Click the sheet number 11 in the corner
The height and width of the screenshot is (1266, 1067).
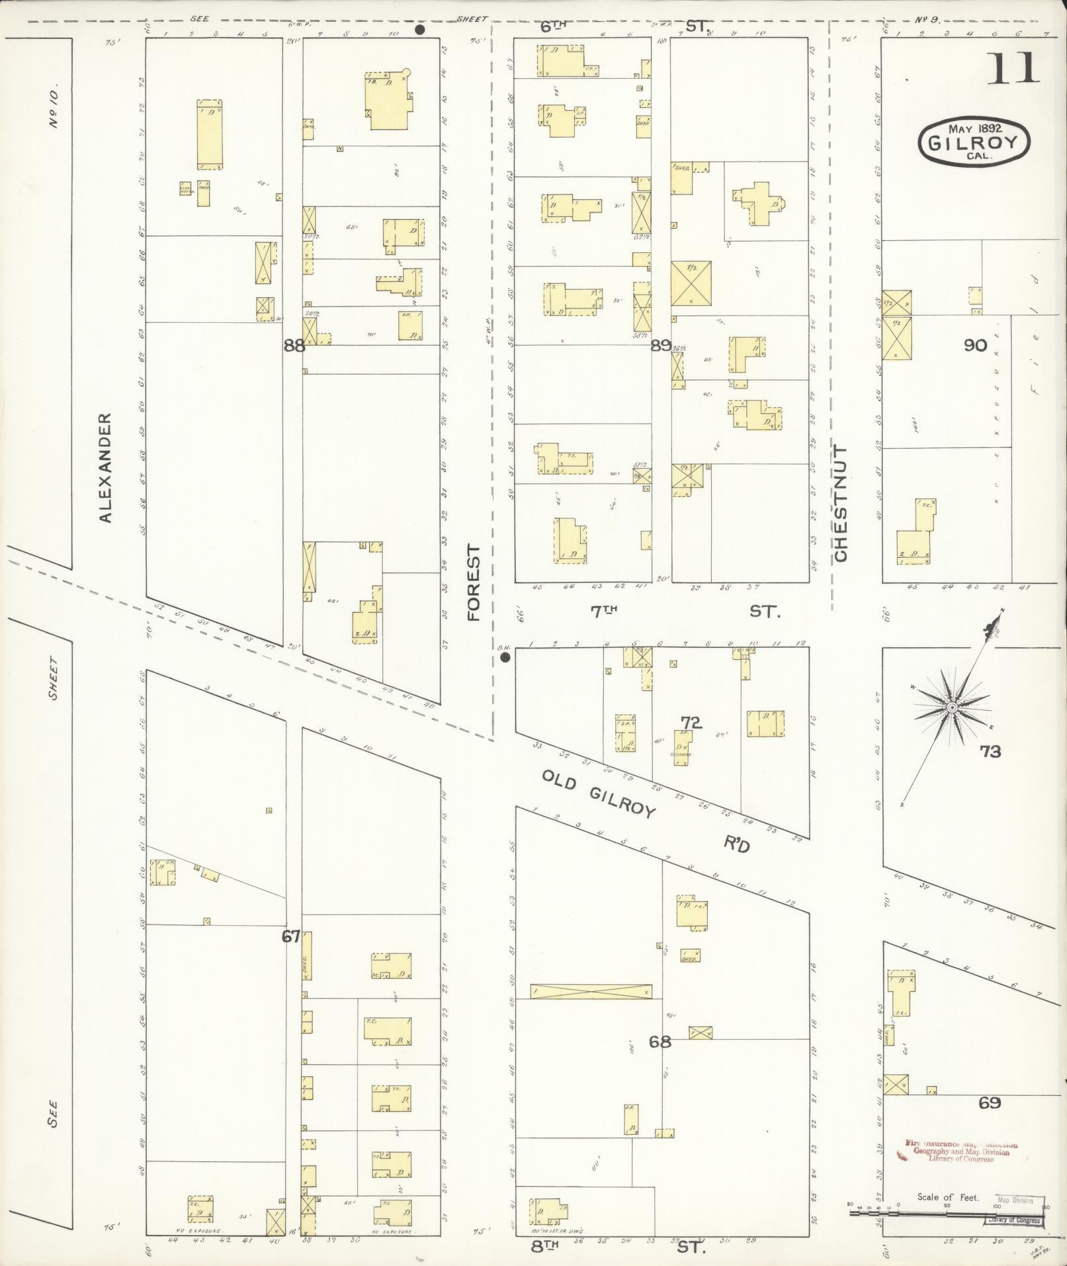tap(1014, 68)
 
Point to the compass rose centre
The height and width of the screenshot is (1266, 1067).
tap(952, 707)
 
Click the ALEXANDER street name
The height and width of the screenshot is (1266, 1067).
tap(106, 468)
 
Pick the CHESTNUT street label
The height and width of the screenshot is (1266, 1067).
tap(840, 503)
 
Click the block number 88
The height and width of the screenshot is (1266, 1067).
tap(294, 345)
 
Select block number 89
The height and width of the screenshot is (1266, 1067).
tap(660, 345)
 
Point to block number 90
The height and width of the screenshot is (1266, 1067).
tap(975, 345)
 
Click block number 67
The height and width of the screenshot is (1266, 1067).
tap(291, 936)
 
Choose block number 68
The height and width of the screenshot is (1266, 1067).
tap(660, 1042)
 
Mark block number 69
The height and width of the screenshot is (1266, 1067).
tap(990, 1103)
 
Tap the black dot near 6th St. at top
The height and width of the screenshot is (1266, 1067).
tap(419, 30)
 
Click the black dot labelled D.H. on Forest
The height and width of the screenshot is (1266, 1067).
tap(505, 657)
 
